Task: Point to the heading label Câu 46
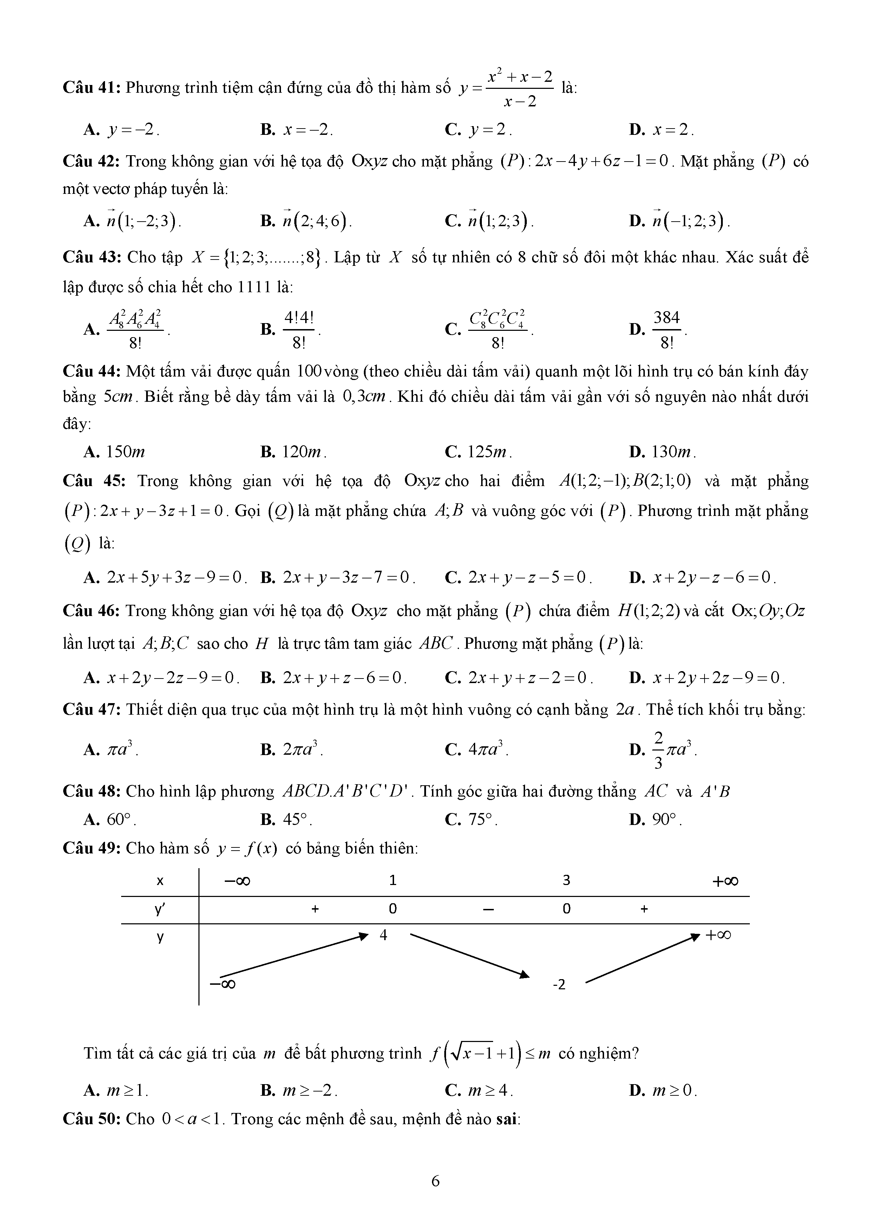coord(92,611)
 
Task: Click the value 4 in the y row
coord(383,935)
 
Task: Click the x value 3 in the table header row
coord(566,880)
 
